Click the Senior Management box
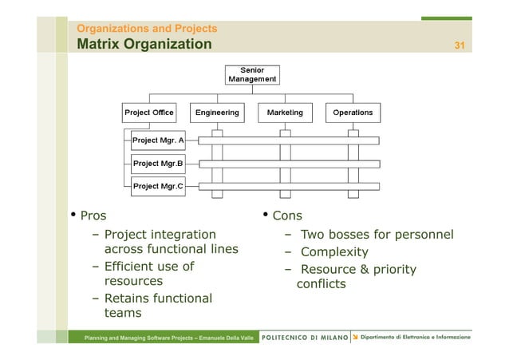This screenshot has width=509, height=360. (252, 75)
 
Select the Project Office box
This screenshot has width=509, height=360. (149, 113)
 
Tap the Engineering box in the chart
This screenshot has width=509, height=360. (217, 113)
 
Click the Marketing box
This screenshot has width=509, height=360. (285, 113)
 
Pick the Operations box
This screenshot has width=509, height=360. (353, 113)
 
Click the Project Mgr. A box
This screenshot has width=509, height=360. (157, 140)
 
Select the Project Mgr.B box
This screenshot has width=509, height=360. (157, 164)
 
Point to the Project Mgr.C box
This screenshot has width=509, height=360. (157, 186)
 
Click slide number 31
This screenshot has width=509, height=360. (460, 45)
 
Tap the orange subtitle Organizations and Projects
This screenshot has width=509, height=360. (147, 29)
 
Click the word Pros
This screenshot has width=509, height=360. (93, 216)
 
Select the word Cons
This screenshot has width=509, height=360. (287, 216)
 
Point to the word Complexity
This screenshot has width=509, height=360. (334, 252)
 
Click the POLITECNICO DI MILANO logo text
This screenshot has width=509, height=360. (306, 338)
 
